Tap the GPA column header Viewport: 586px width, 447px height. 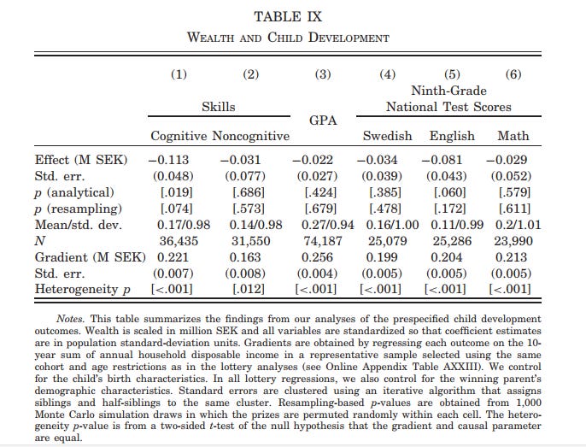322,121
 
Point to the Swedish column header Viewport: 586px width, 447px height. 387,137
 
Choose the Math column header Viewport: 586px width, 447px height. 513,137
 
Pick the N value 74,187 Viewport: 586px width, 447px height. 324,242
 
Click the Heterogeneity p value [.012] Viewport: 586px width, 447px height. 249,291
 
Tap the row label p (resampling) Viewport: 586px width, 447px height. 78,209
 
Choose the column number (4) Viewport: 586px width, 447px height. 387,74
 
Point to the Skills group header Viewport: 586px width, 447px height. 218,107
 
